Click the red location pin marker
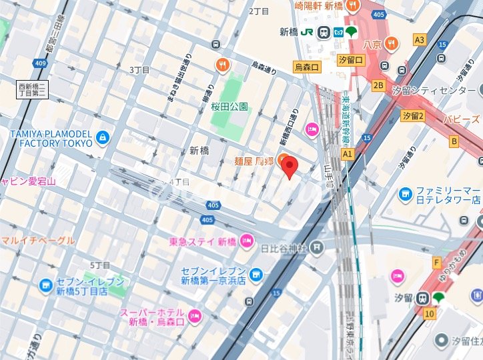pyautogui.click(x=289, y=167)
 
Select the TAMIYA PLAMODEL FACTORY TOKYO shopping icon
pyautogui.click(x=101, y=138)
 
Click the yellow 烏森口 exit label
pyautogui.click(x=308, y=67)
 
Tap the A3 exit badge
pyautogui.click(x=420, y=40)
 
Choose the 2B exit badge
pyautogui.click(x=378, y=85)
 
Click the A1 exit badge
pyautogui.click(x=347, y=153)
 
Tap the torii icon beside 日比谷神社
pyautogui.click(x=316, y=248)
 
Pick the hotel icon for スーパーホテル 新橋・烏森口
pyautogui.click(x=195, y=317)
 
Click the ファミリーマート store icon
pyautogui.click(x=406, y=194)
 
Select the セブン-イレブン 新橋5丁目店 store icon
pyautogui.click(x=45, y=286)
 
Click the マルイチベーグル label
pyautogui.click(x=37, y=240)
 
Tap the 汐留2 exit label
pyautogui.click(x=413, y=116)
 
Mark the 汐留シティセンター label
pyautogui.click(x=443, y=90)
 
